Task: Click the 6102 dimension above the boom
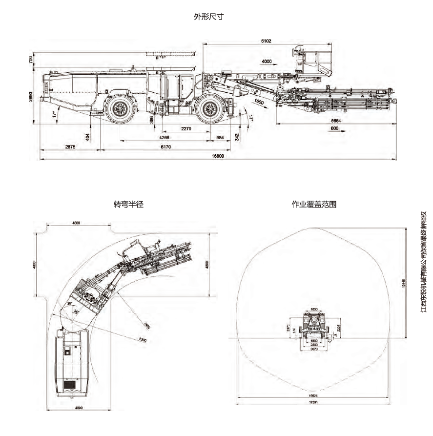266,41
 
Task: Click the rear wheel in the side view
120,109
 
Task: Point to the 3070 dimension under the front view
314,349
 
